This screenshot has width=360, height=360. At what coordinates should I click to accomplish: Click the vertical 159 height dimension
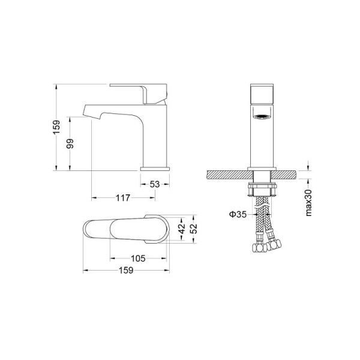tap(56, 127)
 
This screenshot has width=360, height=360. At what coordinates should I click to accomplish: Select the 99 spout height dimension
tap(70, 143)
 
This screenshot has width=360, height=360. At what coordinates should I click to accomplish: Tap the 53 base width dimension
tap(155, 184)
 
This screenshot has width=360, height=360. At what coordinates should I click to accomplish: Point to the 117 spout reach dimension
tap(123, 197)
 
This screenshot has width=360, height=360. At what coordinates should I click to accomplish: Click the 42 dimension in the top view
tap(182, 229)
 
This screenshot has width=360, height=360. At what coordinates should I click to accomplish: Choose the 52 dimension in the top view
tap(194, 229)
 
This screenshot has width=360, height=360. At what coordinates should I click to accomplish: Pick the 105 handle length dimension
tap(138, 259)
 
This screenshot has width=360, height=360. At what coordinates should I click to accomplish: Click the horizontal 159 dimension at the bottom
tap(126, 270)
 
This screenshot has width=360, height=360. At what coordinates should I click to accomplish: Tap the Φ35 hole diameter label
tap(238, 214)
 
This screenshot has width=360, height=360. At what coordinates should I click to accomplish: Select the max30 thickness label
tap(309, 203)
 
